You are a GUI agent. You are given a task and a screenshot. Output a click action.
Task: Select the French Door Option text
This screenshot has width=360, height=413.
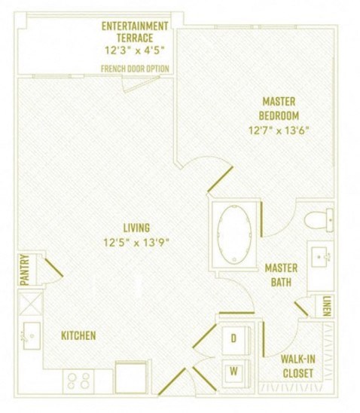[x=135, y=69]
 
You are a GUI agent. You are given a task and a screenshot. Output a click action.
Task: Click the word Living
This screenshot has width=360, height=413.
[x=138, y=227]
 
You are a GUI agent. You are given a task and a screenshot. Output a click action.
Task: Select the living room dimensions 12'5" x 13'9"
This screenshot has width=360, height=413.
[x=138, y=242]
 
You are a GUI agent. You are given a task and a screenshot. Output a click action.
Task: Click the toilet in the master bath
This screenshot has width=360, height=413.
[x=319, y=219]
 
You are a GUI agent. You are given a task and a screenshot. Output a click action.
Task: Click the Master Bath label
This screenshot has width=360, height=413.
[x=280, y=275]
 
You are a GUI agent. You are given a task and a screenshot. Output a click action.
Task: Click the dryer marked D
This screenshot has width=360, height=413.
[x=233, y=339]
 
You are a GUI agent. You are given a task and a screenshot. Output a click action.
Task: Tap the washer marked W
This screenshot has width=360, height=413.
[x=233, y=370]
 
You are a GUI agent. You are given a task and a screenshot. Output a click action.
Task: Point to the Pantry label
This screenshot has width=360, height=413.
[x=24, y=269]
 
